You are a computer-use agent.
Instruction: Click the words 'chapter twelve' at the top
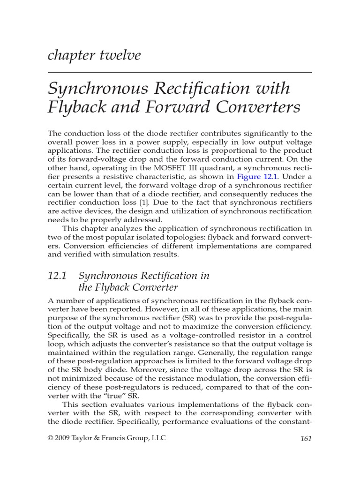[94, 55]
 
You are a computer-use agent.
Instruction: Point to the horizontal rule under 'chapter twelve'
[180, 73]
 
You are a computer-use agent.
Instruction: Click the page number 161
[305, 439]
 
